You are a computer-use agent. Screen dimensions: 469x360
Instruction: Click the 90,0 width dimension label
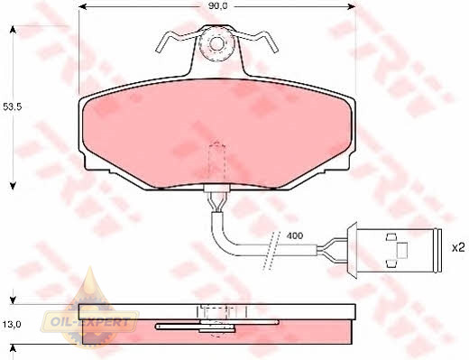click(x=218, y=6)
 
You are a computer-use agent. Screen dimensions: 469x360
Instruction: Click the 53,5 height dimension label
click(x=13, y=106)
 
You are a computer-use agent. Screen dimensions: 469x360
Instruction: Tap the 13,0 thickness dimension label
click(x=13, y=325)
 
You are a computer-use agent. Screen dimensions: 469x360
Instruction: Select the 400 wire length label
click(x=295, y=235)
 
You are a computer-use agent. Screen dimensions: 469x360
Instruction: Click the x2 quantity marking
click(x=459, y=248)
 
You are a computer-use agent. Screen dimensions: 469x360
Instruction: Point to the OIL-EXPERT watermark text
click(x=90, y=323)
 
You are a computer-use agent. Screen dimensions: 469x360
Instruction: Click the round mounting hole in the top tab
click(x=216, y=44)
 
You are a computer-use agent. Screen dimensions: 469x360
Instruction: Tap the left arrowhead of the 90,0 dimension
click(x=83, y=6)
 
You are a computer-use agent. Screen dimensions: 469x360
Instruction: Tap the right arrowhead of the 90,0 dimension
click(x=351, y=6)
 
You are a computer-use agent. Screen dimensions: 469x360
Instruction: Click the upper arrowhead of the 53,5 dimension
click(x=13, y=30)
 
